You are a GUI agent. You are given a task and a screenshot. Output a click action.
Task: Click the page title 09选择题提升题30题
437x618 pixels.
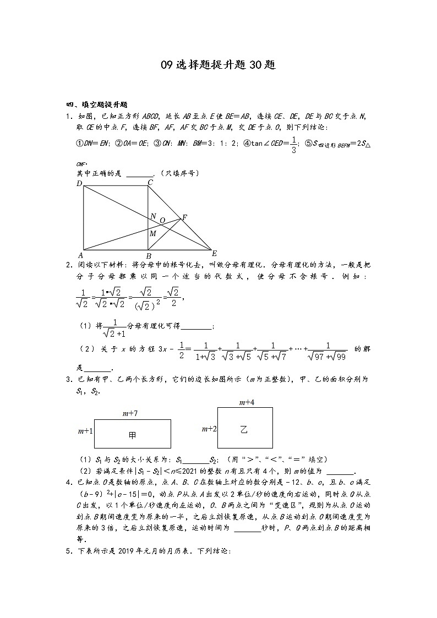coord(218,65)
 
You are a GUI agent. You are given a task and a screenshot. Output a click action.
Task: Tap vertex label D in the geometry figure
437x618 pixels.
coord(79,183)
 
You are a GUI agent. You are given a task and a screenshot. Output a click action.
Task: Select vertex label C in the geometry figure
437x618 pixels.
coord(150,182)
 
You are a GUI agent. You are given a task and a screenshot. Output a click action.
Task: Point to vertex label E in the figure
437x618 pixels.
coord(214,254)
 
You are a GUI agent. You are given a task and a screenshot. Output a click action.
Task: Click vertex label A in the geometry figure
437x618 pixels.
coord(80,255)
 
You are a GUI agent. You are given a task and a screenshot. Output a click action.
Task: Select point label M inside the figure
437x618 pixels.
coord(153,233)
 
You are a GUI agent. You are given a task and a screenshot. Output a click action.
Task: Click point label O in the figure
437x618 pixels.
coord(162,220)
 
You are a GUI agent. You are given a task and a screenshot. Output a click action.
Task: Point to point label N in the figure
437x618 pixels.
coord(153,216)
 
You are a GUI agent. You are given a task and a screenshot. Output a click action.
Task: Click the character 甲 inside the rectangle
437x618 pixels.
coord(132,435)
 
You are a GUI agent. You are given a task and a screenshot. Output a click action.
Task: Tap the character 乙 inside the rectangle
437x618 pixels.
coord(244,429)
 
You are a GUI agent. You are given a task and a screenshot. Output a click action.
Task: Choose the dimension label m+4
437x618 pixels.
coord(246,402)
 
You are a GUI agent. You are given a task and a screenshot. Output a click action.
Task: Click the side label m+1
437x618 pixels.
coord(85,431)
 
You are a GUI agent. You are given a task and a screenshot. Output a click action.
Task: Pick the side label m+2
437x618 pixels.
coord(209,428)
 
